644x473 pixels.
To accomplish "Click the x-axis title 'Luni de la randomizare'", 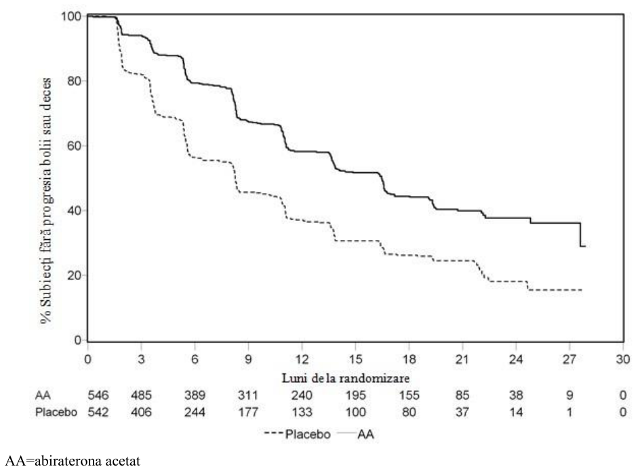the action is [x=346, y=377].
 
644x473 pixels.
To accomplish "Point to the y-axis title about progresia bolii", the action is [x=46, y=201].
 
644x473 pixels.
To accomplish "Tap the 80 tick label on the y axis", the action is [x=74, y=81].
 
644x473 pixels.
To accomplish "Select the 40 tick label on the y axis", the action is [x=74, y=211].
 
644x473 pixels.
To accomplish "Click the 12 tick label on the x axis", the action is [x=302, y=359].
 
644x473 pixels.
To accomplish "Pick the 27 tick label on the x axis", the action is [x=569, y=359].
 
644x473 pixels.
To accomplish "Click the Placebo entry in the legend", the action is [x=298, y=434].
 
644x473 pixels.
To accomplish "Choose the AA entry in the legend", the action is [x=356, y=434].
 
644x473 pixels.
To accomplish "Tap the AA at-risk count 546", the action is [x=98, y=395].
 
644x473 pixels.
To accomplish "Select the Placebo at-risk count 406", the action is [x=141, y=412].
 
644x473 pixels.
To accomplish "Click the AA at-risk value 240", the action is [x=302, y=395].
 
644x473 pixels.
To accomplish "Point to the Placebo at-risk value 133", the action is [x=302, y=412].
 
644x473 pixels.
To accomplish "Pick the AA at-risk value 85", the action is [x=462, y=395].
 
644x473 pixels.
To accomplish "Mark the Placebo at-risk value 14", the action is [x=516, y=412].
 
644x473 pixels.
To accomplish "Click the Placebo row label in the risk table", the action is [x=56, y=412].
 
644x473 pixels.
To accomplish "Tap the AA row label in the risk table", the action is [x=43, y=395].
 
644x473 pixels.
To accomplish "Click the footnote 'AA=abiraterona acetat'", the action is [x=73, y=461].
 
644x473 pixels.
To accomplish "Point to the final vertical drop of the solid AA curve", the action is [x=580, y=234].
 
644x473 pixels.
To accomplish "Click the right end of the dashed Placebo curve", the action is [x=582, y=290].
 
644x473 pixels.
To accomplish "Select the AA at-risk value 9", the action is [x=569, y=395].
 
